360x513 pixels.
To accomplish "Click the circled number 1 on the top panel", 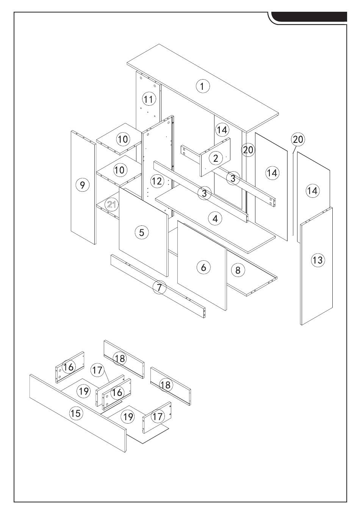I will coord(202,86).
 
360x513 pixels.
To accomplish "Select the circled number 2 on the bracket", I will coord(216,158).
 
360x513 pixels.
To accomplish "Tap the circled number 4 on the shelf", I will coord(215,218).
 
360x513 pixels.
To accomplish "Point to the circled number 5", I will coord(142,232).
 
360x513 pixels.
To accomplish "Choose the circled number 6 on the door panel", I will coord(203,267).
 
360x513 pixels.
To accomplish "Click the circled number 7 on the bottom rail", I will coord(160,288).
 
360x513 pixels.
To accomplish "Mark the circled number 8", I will coord(238,270).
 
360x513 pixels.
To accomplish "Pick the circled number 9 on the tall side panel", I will coord(83,185).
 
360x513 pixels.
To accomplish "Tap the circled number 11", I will coord(149,99).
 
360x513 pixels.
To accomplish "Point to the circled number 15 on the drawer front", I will coord(76,413).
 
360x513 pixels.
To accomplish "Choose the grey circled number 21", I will coord(111,205).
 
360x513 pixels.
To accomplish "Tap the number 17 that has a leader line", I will coord(98,369).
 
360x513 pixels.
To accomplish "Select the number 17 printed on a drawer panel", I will coord(157,416).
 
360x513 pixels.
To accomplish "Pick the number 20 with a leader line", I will coord(298,139).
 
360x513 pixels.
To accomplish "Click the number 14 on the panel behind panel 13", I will coord(312,191).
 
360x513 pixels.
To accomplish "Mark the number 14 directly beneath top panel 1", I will coord(222,130).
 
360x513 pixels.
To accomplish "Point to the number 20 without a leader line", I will coord(248,150).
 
